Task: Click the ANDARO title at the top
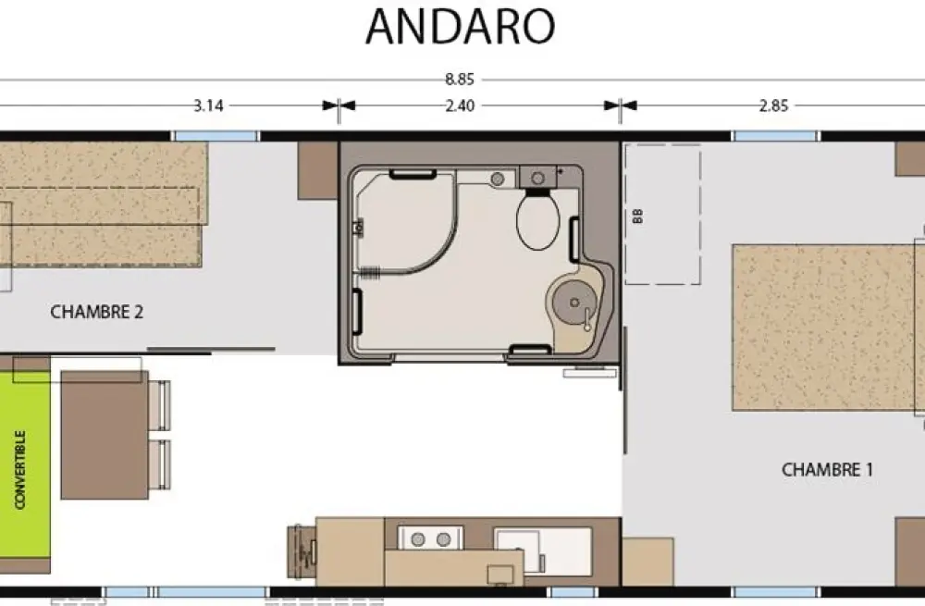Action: (x=460, y=27)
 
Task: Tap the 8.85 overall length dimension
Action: (x=460, y=79)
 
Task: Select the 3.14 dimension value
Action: (x=208, y=105)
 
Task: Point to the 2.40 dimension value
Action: (x=460, y=105)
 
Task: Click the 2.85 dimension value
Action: (x=773, y=105)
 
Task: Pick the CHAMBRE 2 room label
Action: (x=97, y=312)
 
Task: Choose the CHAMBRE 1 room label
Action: (x=827, y=470)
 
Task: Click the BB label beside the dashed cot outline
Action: (x=637, y=216)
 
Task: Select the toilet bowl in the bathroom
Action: (x=538, y=221)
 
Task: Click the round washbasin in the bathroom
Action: (x=574, y=303)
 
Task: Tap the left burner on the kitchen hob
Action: (x=418, y=538)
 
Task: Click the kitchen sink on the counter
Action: (x=517, y=549)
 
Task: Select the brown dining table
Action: (x=105, y=435)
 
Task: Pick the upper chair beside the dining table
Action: (x=159, y=405)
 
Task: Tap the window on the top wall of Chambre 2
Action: (x=216, y=136)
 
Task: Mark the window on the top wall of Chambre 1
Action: (x=776, y=136)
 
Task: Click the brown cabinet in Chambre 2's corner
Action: (x=317, y=170)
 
